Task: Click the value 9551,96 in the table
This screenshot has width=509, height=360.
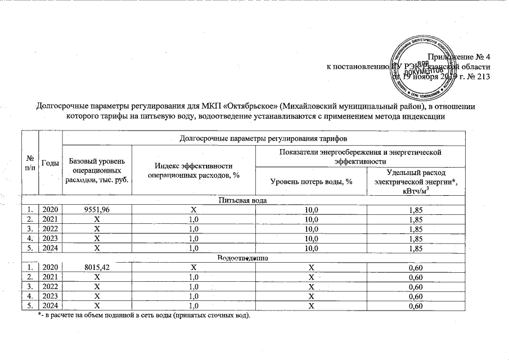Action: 97,210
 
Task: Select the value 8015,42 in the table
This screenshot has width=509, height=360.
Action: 97,268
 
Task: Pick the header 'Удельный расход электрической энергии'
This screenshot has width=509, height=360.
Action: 416,181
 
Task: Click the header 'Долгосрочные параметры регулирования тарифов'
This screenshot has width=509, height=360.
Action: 263,137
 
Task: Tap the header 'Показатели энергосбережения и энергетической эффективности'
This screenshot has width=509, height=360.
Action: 360,156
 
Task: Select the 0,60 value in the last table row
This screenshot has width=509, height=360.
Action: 416,306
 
